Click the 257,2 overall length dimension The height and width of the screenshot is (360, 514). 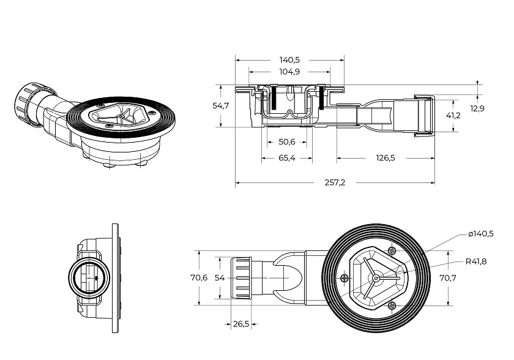tap(335, 182)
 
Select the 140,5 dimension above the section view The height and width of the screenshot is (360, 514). tap(289, 60)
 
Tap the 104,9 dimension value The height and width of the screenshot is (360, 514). tap(289, 72)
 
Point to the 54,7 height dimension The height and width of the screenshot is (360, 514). tap(221, 106)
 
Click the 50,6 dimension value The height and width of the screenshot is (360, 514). tap(287, 142)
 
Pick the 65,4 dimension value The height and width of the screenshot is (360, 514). tap(287, 158)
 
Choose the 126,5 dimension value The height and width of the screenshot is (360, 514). tap(386, 158)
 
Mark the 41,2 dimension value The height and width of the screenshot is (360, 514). tap(453, 116)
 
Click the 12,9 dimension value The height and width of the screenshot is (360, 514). tap(477, 108)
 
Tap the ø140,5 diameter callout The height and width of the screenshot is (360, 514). tap(481, 234)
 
